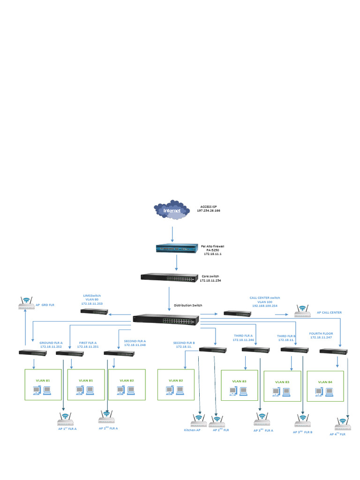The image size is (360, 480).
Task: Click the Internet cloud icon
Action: [172, 211]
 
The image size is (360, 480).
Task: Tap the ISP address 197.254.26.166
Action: [209, 211]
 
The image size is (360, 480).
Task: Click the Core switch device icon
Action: [169, 277]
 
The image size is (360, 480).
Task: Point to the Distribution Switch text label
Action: [188, 305]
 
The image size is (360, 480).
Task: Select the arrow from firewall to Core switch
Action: [176, 263]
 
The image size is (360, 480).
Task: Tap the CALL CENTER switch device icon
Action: [238, 313]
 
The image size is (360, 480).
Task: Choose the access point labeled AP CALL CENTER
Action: [302, 309]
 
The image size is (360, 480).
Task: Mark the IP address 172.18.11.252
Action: [51, 346]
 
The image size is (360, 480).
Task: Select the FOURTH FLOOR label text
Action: [321, 333]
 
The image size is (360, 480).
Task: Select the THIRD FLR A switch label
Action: [243, 336]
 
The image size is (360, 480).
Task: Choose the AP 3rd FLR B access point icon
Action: [302, 420]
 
